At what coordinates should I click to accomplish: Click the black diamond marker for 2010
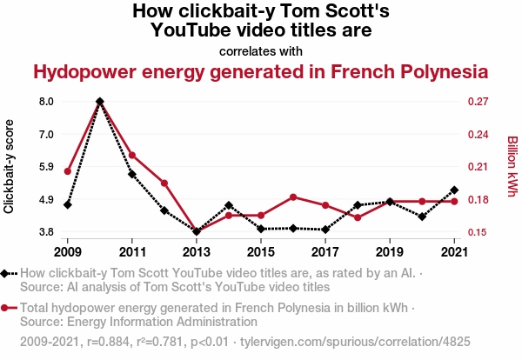coord(100,102)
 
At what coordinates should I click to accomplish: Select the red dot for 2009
coord(68,171)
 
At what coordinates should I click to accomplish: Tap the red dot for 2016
coord(293,197)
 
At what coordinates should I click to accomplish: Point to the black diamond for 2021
coord(454,190)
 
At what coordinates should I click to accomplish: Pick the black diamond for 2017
coord(325,230)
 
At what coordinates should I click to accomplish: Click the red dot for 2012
coord(164,183)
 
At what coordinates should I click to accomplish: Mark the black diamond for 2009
coord(68,204)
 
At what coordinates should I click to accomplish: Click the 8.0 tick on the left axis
coord(46,102)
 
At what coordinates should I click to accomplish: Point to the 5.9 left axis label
coord(46,167)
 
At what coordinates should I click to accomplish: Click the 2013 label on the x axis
coord(197,252)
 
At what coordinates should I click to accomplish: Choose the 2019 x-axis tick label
coord(390,252)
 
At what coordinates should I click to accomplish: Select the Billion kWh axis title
coord(512,166)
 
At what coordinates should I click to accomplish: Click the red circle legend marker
coord(6,308)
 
